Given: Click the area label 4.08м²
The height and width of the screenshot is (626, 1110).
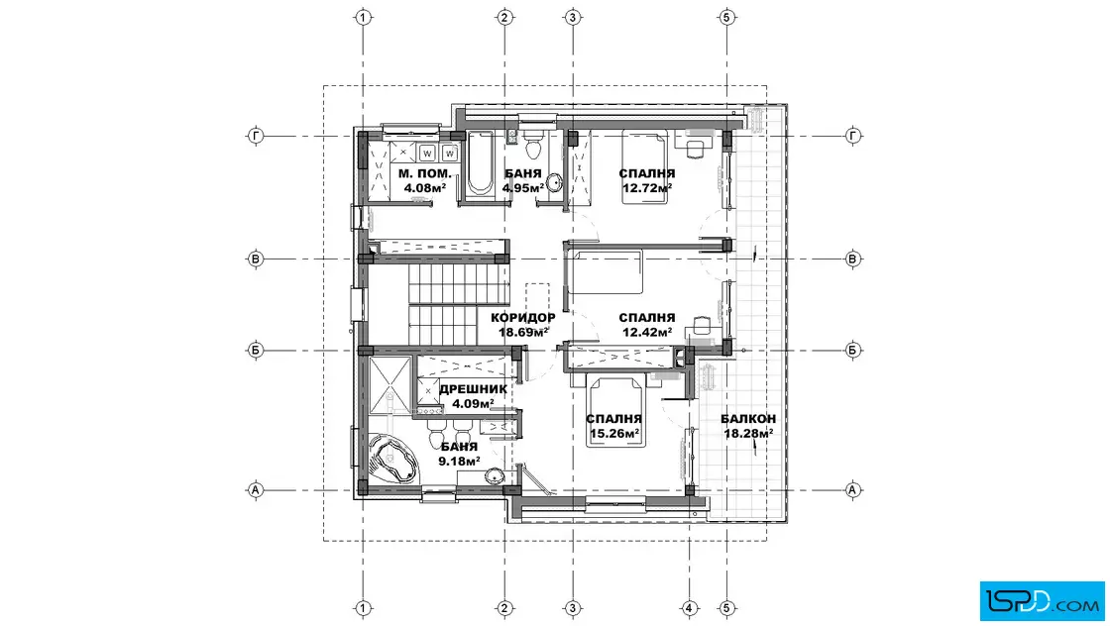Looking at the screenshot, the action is click(x=425, y=188).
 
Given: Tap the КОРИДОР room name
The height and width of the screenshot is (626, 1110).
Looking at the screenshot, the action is click(x=523, y=318).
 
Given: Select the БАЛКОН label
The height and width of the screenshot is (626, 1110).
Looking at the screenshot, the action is click(x=748, y=419).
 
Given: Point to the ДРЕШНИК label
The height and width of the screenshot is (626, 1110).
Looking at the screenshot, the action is click(x=473, y=389).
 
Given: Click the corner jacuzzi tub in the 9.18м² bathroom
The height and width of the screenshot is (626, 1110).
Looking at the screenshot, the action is click(x=391, y=459).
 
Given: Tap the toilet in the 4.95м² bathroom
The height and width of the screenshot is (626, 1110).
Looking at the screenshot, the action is click(x=532, y=145).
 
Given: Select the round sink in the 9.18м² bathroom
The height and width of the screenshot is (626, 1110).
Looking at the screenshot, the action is click(x=495, y=476).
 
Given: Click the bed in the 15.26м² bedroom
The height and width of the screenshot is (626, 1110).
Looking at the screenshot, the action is click(x=615, y=412).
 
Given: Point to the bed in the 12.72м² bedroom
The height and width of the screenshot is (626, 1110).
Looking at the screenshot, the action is click(x=645, y=167).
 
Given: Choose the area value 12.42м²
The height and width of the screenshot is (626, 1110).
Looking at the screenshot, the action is click(x=647, y=333).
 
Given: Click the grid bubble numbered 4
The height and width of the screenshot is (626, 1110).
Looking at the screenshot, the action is click(x=690, y=607).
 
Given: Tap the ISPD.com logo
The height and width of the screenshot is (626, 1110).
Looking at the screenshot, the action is click(x=1042, y=601).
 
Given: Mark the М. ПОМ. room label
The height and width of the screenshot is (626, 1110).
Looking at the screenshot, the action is click(x=425, y=173).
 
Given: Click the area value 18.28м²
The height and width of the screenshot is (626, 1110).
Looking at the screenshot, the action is click(x=748, y=433).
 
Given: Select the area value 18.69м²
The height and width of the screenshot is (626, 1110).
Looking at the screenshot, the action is click(x=524, y=332).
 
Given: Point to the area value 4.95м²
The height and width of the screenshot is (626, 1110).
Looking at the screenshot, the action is click(x=523, y=188).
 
